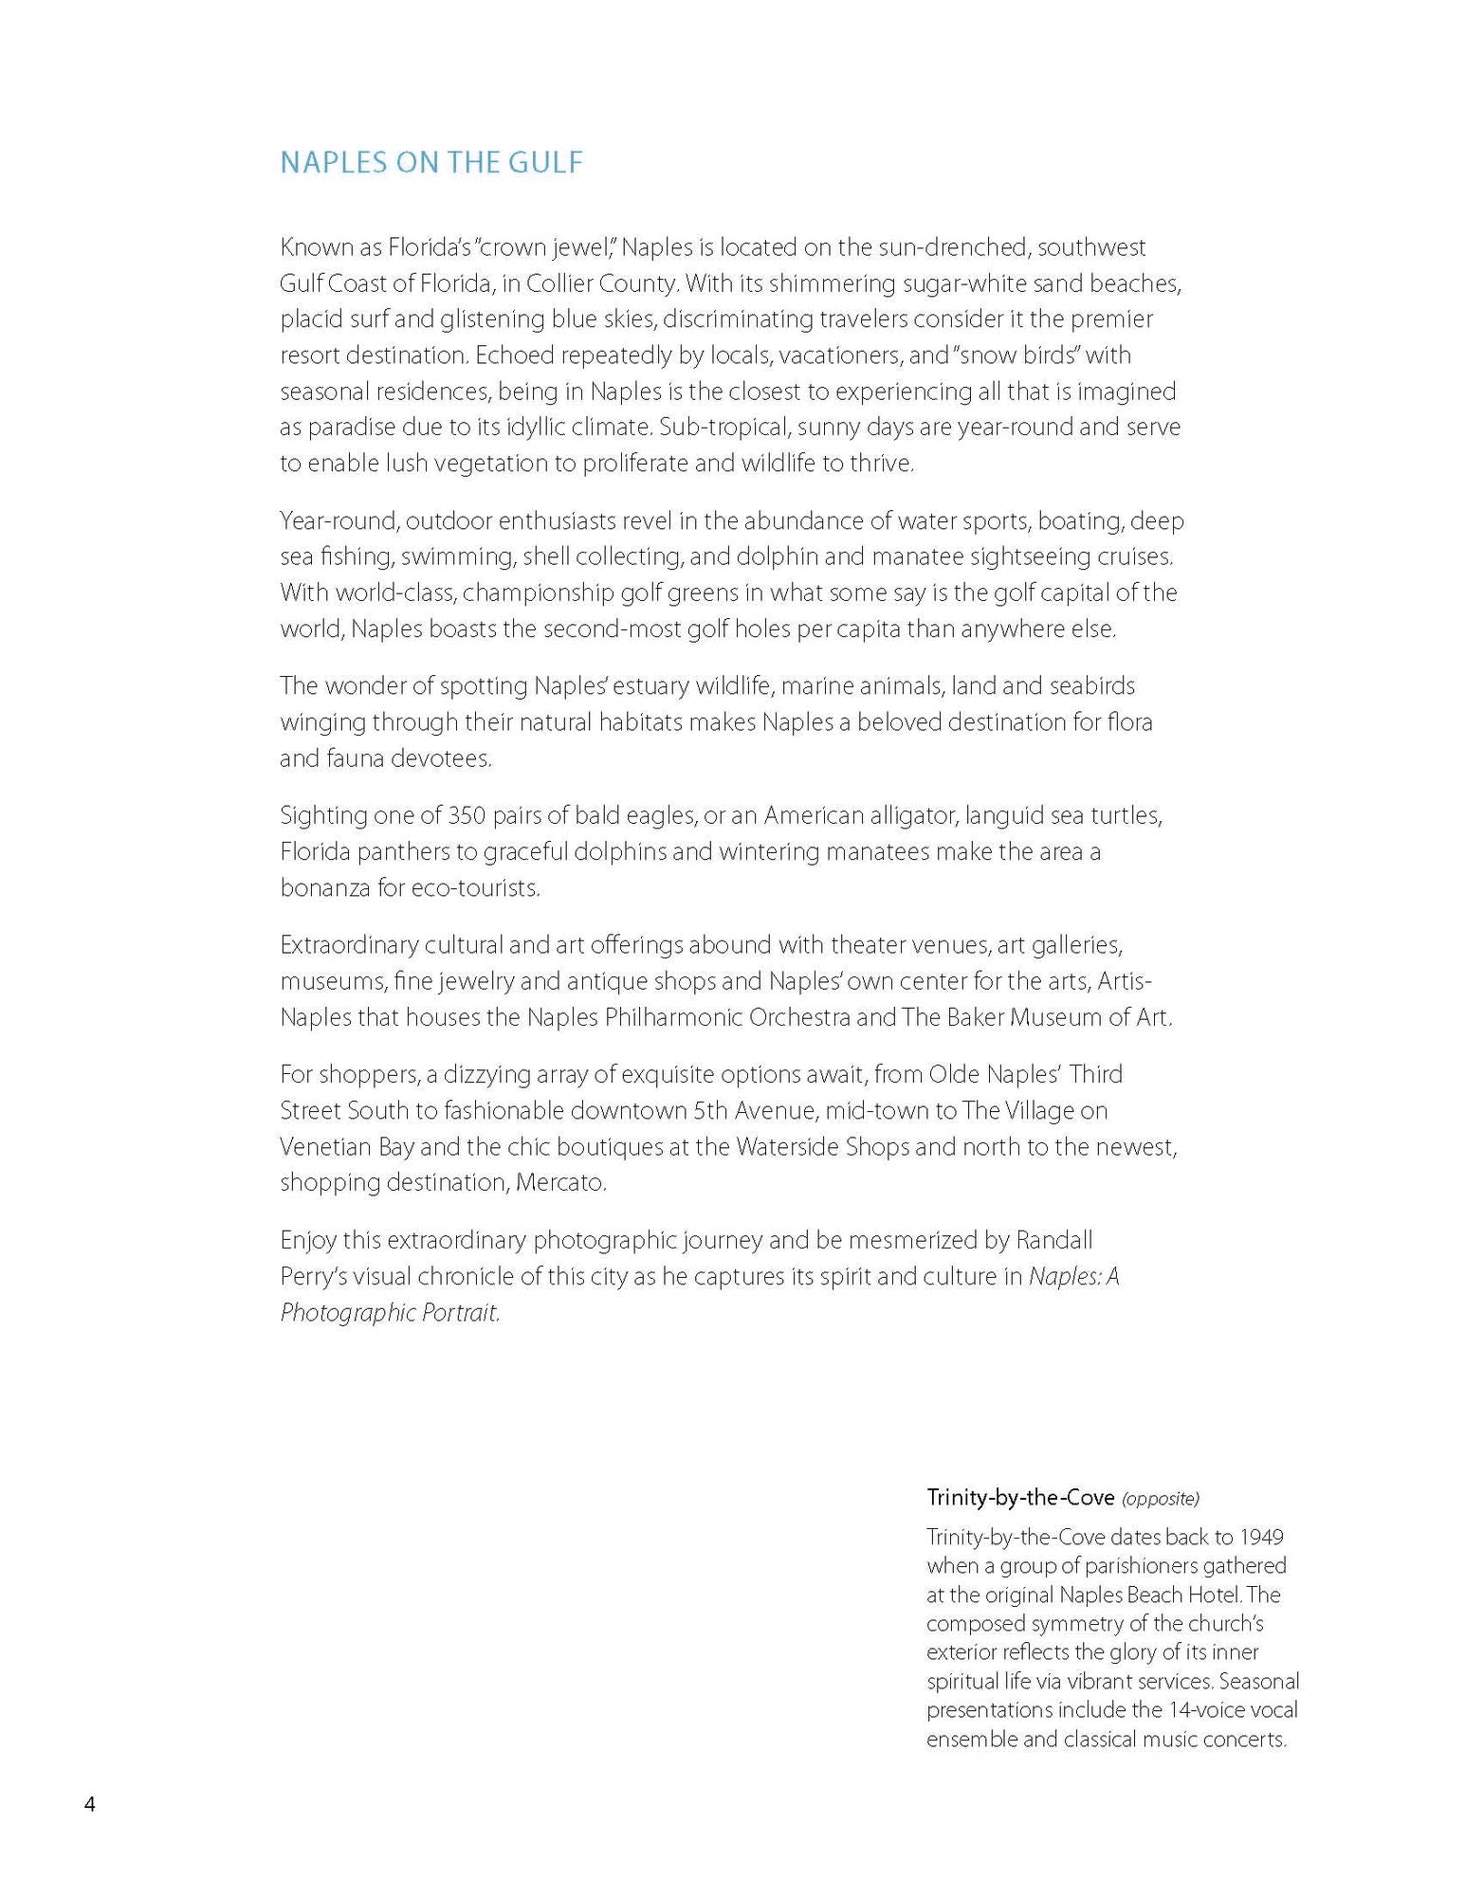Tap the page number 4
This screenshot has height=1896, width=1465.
(90, 1803)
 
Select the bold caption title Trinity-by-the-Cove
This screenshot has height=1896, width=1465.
(1020, 1497)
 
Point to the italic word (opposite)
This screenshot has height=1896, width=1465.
(1160, 1498)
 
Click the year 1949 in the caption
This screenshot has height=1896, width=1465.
(1261, 1536)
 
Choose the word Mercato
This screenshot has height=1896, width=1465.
(561, 1182)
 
